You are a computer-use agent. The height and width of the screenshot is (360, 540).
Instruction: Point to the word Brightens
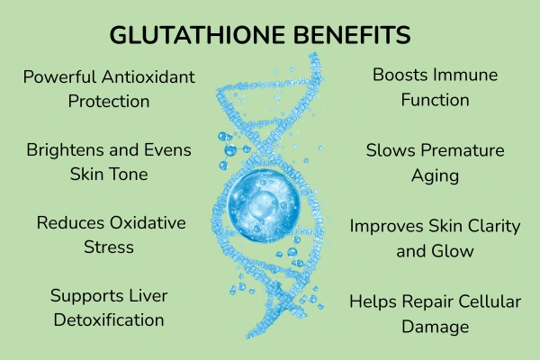coord(63,149)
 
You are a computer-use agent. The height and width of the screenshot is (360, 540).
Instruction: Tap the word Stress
coord(109,246)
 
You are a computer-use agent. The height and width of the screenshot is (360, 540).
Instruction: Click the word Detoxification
coord(109,319)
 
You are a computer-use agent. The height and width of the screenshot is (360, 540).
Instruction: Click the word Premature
coord(460,150)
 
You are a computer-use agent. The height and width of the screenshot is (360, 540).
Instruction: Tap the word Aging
coord(435,175)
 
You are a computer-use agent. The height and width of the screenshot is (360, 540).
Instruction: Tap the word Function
coord(435,99)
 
